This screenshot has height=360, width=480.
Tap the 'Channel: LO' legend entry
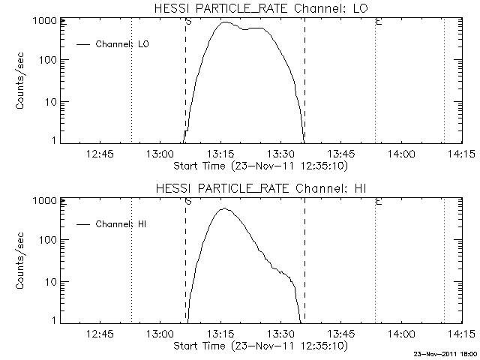[123, 44]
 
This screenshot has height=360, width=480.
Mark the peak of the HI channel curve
[223, 208]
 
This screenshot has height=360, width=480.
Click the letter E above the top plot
[379, 22]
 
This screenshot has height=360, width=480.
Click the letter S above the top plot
[187, 22]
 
